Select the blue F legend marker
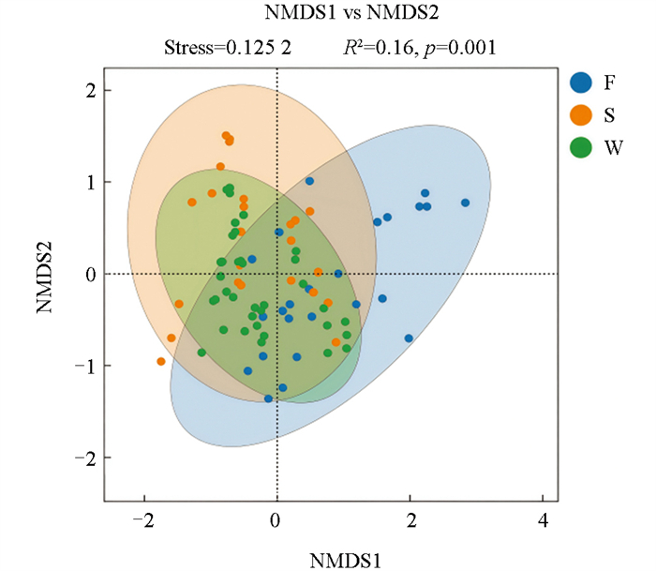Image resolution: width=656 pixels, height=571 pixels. click(x=581, y=82)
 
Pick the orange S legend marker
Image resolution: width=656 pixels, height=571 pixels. click(x=581, y=114)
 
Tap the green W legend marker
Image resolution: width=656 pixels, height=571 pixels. click(x=581, y=147)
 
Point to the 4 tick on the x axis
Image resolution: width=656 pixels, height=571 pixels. click(x=543, y=519)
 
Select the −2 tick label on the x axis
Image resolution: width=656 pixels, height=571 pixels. click(x=142, y=519)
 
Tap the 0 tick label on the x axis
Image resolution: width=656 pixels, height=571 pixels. click(x=276, y=519)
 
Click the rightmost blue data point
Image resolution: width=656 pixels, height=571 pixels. click(x=465, y=203)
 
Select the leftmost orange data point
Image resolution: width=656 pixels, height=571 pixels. click(x=161, y=361)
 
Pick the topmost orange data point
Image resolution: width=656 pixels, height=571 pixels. click(x=226, y=136)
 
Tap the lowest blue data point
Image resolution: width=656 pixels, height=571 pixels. click(x=269, y=398)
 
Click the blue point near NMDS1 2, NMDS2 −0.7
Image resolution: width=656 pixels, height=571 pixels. click(x=409, y=338)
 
